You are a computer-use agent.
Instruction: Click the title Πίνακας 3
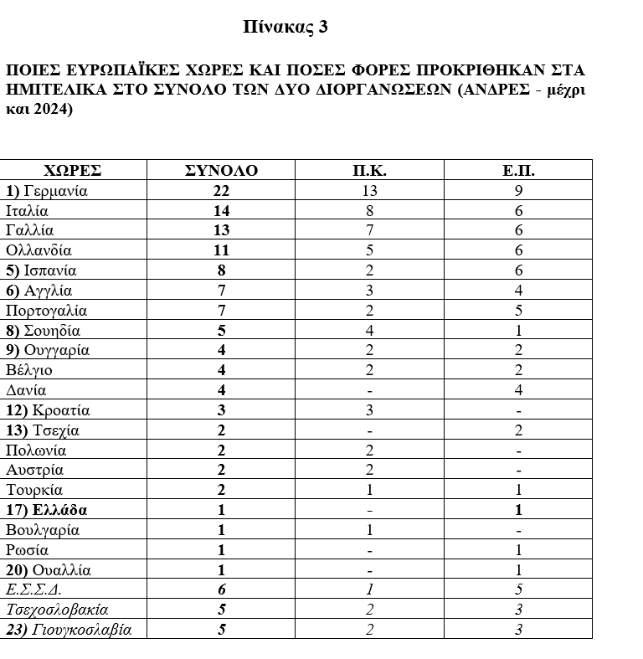285,27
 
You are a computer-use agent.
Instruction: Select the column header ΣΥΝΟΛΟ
221,170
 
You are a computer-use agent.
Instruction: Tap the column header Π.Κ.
369,170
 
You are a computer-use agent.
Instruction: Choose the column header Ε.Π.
518,170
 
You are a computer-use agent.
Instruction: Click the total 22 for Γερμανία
221,190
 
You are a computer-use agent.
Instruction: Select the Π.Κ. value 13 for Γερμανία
369,190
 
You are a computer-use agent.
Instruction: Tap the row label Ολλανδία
39,250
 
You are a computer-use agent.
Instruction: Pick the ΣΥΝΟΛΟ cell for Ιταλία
221,210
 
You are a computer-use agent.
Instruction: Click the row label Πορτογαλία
46,311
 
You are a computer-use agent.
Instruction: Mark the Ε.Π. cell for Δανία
518,390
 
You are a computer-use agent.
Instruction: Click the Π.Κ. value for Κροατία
369,410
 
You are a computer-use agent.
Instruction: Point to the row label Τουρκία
34,490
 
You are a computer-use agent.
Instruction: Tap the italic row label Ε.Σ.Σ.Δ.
33,590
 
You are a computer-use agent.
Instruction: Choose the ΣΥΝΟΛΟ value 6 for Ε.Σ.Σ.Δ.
221,590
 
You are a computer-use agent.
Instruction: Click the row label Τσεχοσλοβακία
57,610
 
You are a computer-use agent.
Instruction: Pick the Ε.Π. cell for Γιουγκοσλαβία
518,630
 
